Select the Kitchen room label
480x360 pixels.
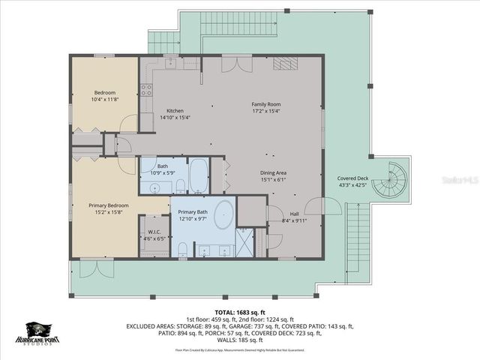point(175,112)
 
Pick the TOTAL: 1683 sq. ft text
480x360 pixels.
point(240,312)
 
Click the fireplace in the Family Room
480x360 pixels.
point(285,64)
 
